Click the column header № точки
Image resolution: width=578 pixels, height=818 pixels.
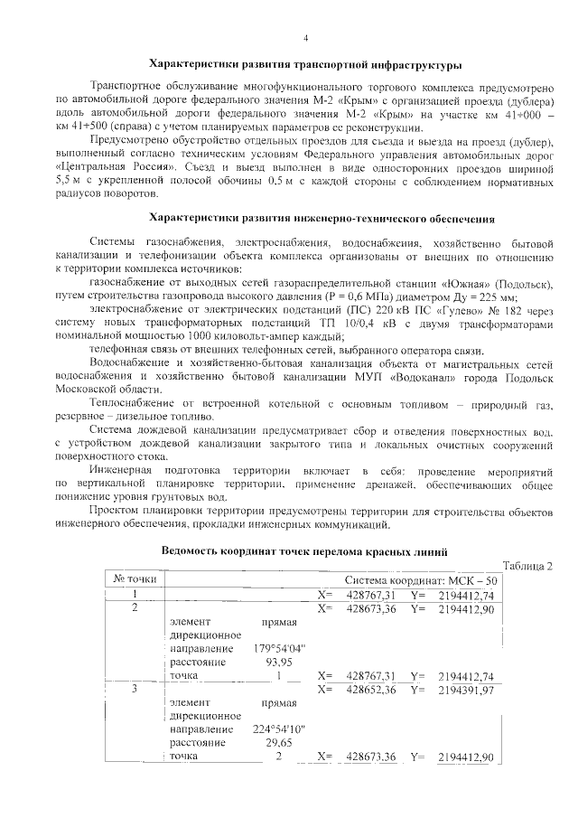135,579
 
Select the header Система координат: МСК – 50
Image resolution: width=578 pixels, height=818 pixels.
421,579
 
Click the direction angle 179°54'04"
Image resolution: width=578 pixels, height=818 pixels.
280,648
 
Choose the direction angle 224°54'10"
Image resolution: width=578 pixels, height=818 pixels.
280,729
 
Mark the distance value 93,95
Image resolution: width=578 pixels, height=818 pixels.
271,662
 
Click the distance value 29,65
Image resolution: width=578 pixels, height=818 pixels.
271,742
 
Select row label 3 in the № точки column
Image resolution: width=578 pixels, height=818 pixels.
135,690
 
